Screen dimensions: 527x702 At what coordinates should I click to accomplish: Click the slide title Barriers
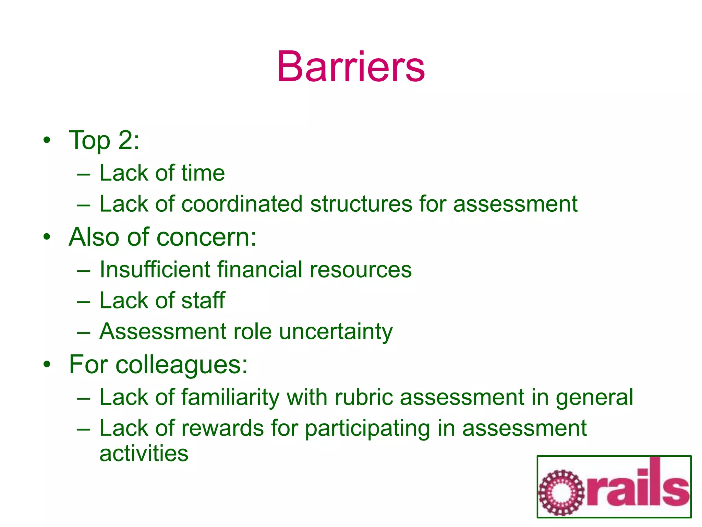click(351, 67)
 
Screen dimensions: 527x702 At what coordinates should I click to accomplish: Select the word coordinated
click(242, 204)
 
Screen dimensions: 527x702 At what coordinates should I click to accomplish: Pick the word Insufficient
click(155, 269)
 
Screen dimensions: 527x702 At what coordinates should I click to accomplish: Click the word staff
click(203, 300)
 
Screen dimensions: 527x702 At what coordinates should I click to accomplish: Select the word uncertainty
click(336, 332)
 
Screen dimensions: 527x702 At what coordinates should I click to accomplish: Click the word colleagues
click(182, 364)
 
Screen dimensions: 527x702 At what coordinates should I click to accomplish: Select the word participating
click(367, 429)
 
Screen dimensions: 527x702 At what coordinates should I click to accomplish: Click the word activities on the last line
click(144, 453)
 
